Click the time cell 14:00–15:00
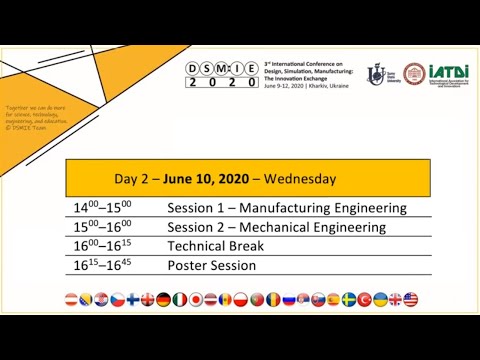[103, 208]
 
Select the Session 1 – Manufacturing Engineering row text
[287, 208]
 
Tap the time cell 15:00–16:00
[103, 227]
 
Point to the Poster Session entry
[211, 265]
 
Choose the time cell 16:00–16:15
[103, 246]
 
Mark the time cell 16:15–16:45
[103, 265]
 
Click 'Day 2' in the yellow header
[132, 180]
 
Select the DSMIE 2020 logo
[221, 75]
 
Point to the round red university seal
[414, 74]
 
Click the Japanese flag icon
[196, 299]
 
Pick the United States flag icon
[411, 299]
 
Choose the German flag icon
[164, 299]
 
